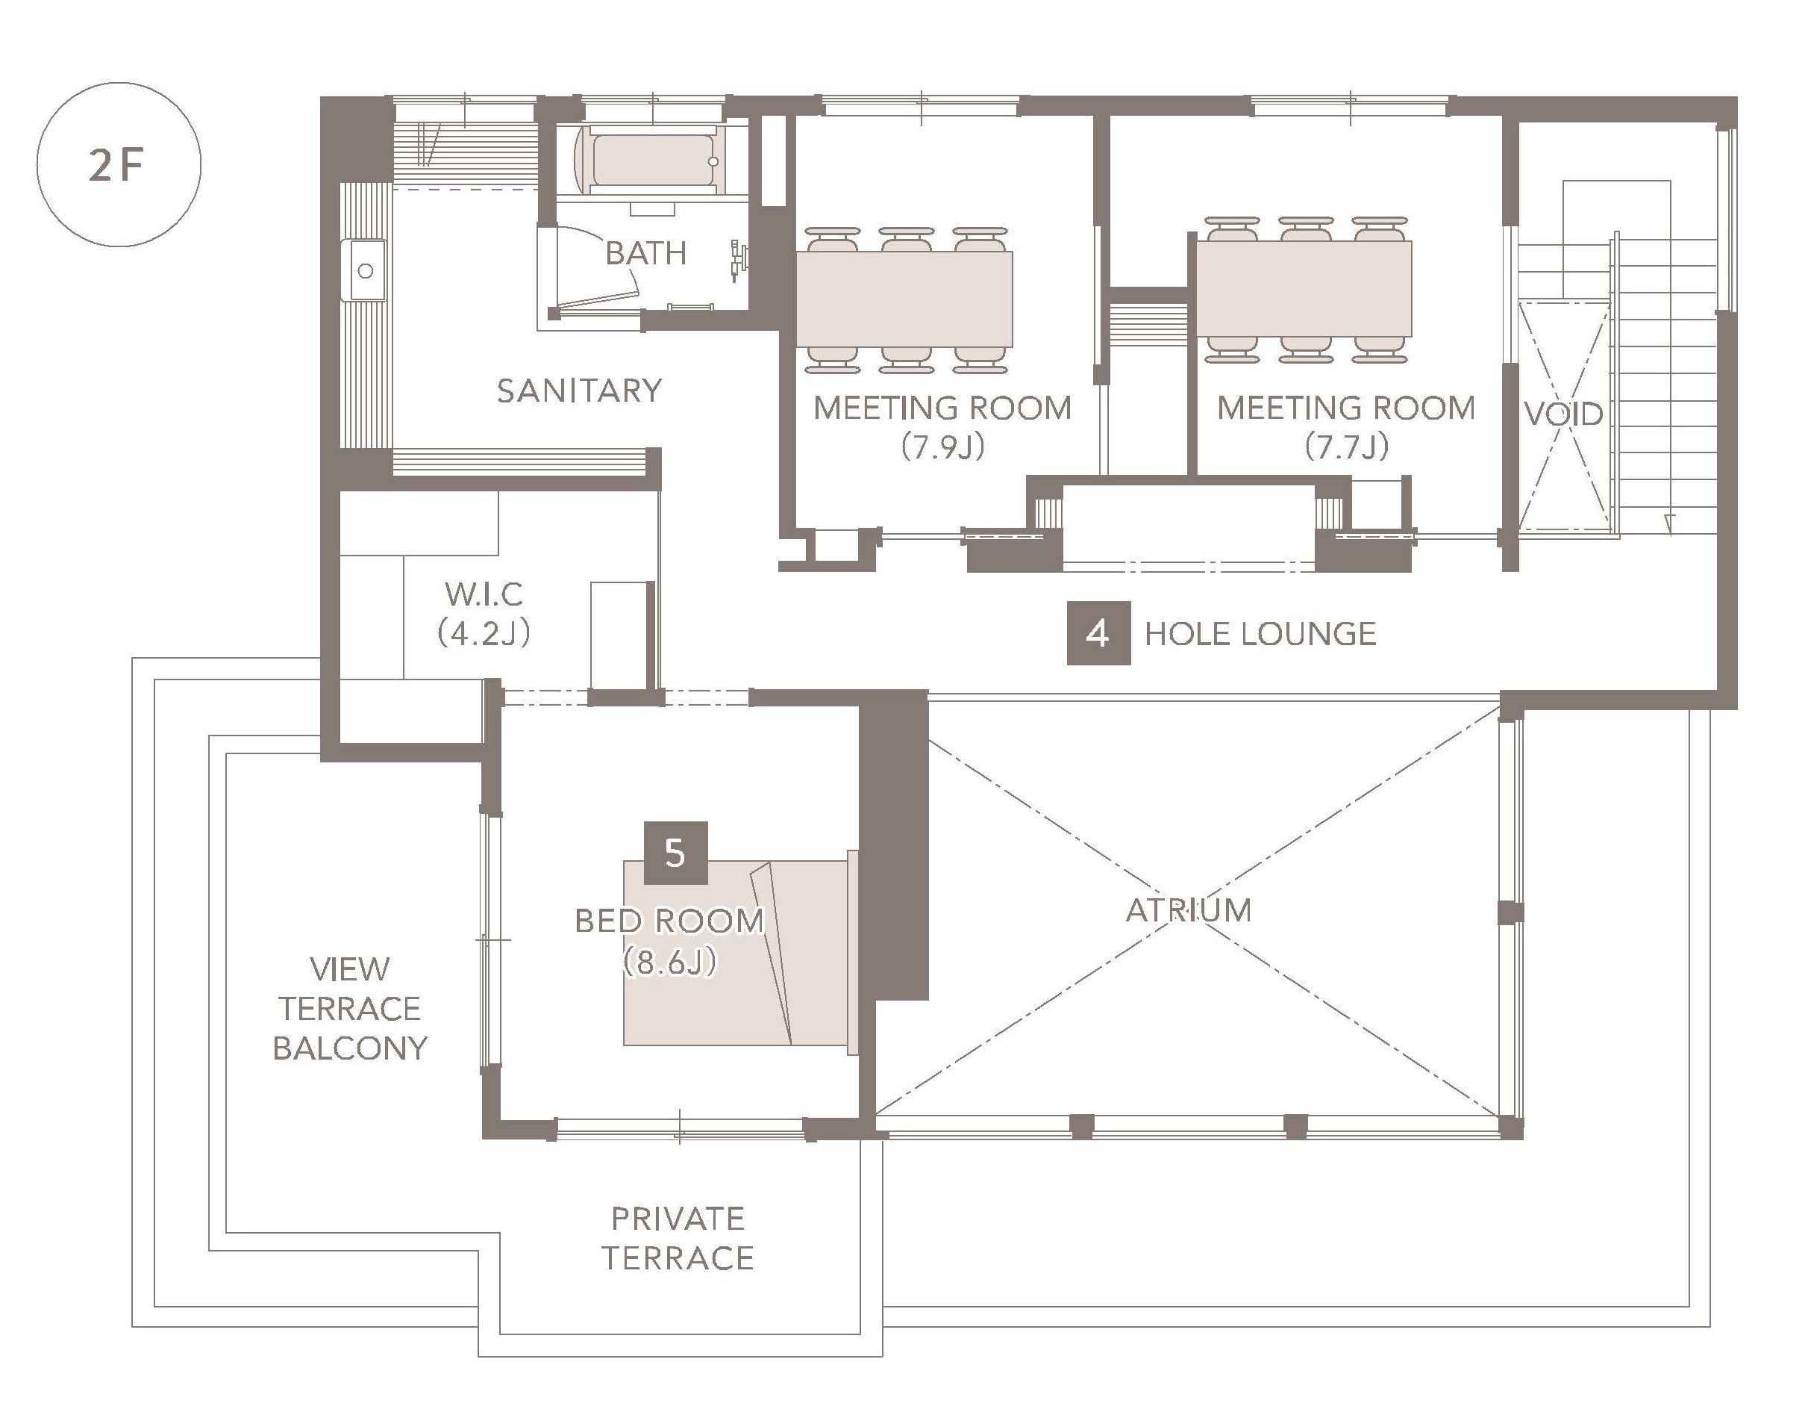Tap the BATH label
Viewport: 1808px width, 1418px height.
(646, 252)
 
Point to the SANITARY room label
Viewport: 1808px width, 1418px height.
(579, 391)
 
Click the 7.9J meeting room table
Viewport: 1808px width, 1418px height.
(904, 299)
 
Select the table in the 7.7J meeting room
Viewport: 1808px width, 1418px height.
(1304, 288)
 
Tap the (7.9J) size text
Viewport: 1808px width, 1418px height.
(943, 447)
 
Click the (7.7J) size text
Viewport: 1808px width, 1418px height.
(1347, 447)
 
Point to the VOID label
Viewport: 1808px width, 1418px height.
(1563, 414)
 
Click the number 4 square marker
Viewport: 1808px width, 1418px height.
(1098, 633)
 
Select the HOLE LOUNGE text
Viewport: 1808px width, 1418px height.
(1260, 634)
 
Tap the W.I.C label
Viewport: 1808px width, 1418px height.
(484, 594)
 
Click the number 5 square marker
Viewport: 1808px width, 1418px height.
(675, 853)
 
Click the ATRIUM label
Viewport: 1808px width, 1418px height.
(1188, 911)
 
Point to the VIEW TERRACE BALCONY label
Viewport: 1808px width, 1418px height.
(349, 1008)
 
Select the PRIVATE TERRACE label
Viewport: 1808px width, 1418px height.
(678, 1239)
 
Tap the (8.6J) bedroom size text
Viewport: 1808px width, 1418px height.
(669, 963)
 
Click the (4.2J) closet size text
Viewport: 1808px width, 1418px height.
(484, 633)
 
